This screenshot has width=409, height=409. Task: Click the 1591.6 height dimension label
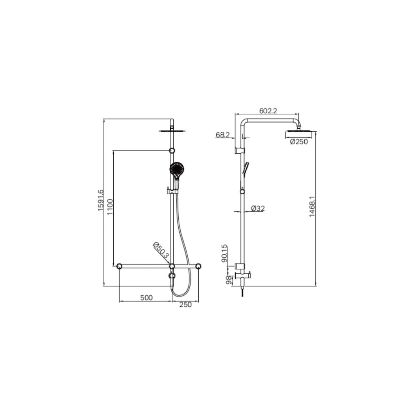click(x=101, y=200)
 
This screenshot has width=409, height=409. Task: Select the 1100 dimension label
click(x=110, y=207)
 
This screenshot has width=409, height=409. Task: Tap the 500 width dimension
click(x=146, y=298)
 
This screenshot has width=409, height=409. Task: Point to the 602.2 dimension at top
click(x=268, y=111)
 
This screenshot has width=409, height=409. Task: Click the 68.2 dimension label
click(x=222, y=135)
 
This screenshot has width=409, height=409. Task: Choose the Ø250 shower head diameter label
click(x=299, y=142)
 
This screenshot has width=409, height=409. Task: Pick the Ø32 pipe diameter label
click(x=258, y=209)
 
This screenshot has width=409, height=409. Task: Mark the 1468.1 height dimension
click(x=312, y=207)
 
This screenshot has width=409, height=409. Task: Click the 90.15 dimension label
click(x=224, y=254)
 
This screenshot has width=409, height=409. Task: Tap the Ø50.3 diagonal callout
click(x=161, y=250)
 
